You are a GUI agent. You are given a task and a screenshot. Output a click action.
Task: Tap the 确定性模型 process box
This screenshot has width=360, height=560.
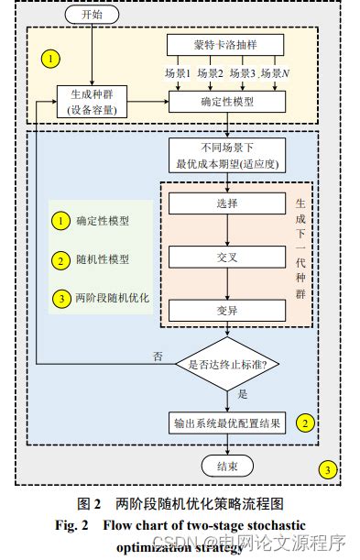pos(225,101)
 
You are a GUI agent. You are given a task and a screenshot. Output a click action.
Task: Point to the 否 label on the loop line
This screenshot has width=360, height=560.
pos(158,355)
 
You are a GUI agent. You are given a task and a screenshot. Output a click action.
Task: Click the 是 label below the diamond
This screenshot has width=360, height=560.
pos(243,394)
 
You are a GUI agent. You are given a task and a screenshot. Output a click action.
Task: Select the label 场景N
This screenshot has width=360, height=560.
pos(275,72)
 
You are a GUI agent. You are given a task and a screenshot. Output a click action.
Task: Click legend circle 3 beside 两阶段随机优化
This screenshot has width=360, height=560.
pos(60,299)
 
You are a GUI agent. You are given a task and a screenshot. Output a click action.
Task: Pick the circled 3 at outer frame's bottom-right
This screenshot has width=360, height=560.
pos(328,470)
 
